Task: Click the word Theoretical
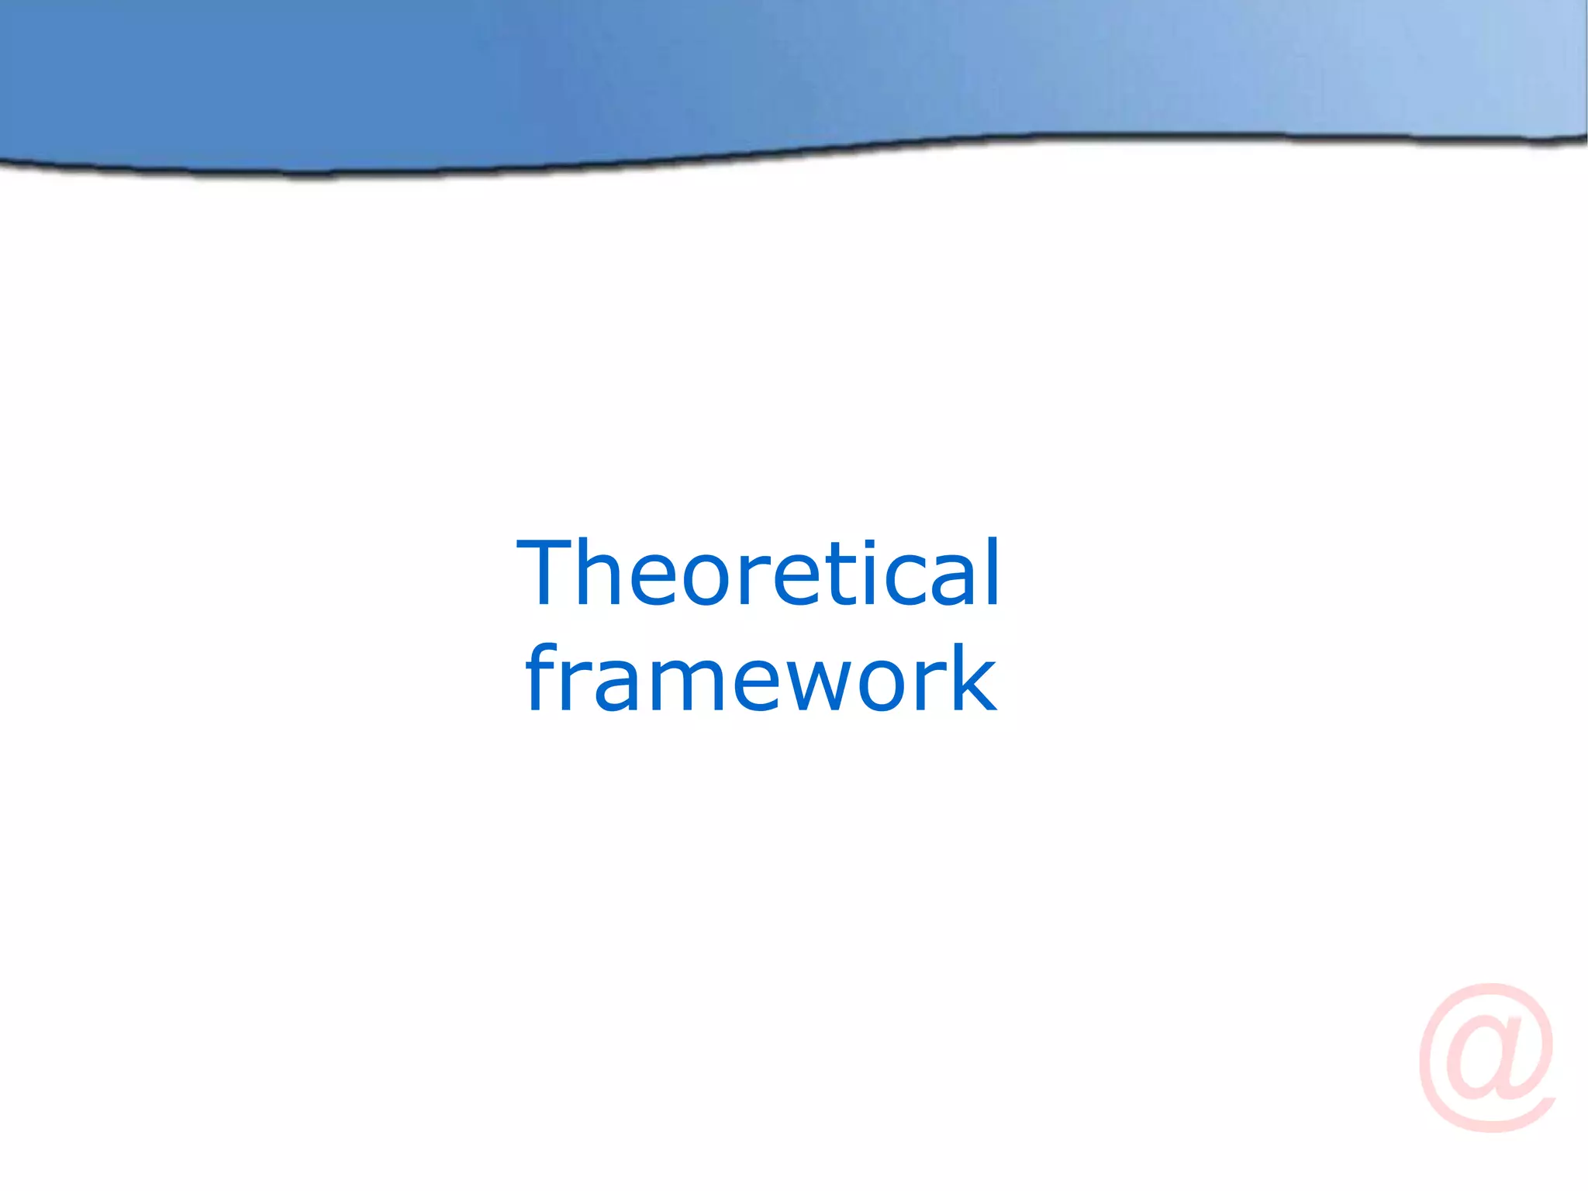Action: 758,574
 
